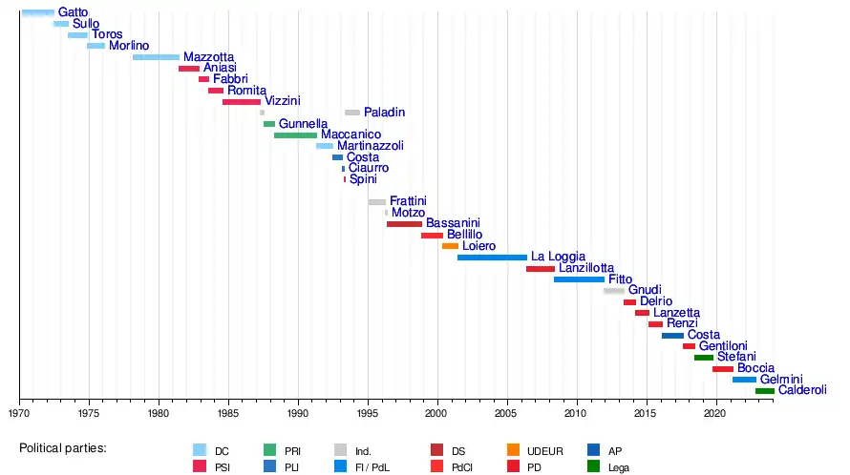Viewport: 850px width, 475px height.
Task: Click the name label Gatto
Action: (73, 12)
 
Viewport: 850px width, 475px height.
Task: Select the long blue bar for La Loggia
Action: (492, 258)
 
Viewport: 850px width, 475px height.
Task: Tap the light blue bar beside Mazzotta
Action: (156, 57)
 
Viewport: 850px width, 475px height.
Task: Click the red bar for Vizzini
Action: (241, 101)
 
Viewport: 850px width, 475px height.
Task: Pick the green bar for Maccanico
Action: (295, 135)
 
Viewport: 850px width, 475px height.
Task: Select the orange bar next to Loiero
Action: (450, 246)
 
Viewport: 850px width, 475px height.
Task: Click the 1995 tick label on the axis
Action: (368, 414)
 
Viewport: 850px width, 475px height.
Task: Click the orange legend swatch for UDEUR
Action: (514, 450)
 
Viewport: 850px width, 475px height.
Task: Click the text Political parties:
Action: (63, 448)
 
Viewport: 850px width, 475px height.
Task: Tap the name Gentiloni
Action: (723, 346)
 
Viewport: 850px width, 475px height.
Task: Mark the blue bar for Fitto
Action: (579, 279)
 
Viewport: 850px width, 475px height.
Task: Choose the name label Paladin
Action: (384, 113)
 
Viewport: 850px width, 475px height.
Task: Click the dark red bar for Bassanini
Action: (404, 224)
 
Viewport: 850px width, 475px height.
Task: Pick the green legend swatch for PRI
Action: (270, 450)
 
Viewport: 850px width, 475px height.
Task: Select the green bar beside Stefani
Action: (704, 358)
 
